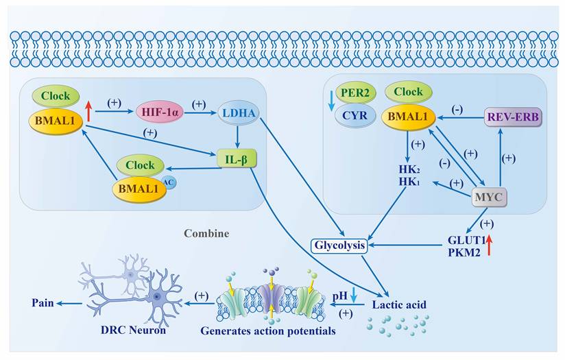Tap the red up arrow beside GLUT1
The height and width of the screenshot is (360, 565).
(489, 244)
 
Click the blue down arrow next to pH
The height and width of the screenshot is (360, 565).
(354, 295)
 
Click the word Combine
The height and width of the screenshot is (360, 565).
(206, 233)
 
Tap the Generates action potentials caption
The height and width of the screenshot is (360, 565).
(268, 331)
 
